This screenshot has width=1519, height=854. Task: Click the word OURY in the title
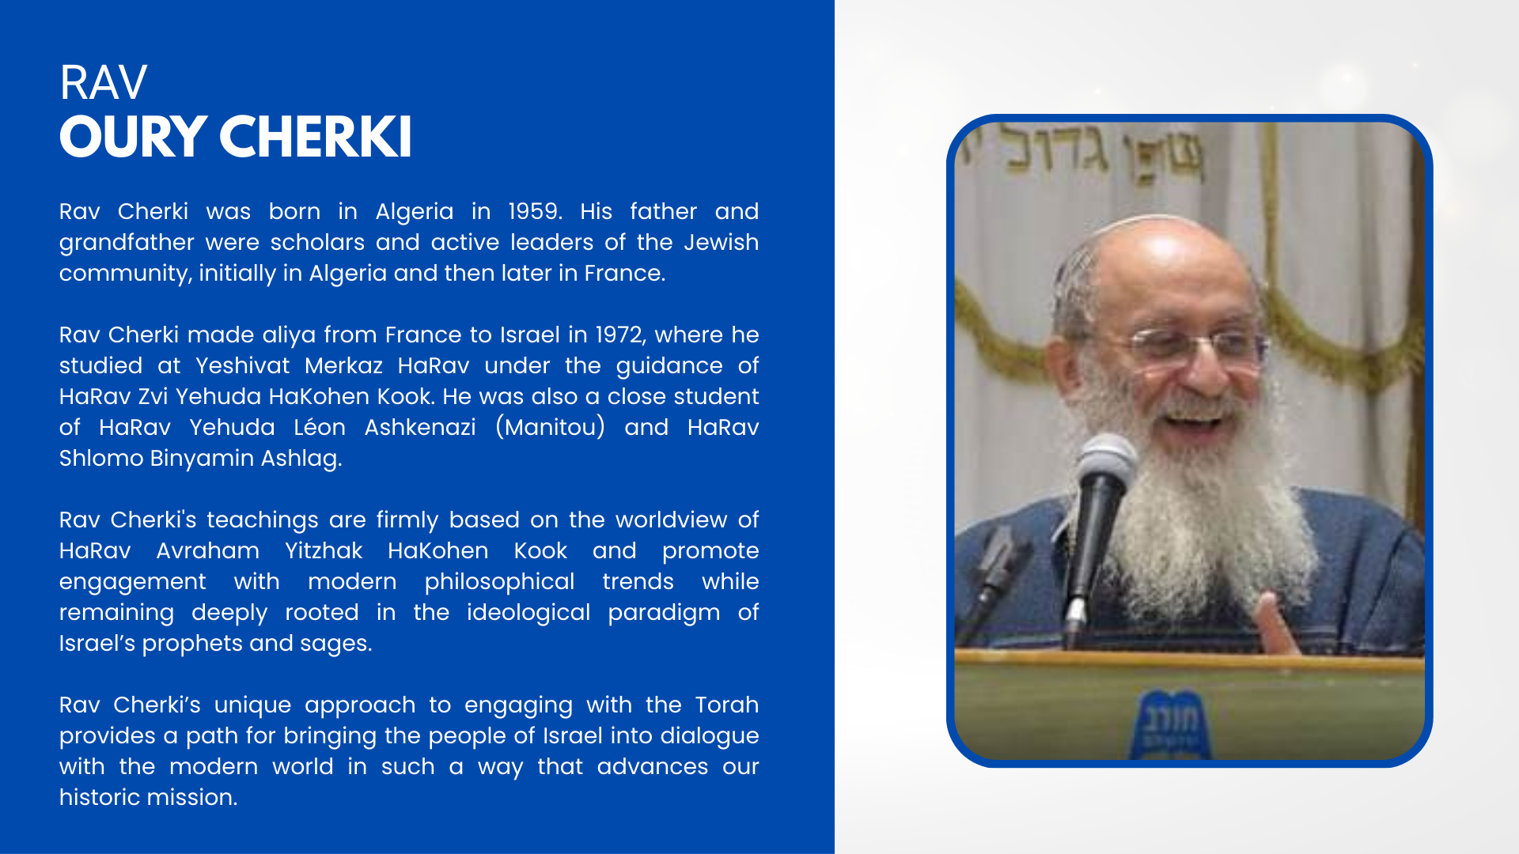coord(133,137)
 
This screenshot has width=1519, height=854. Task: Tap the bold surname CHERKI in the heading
coord(316,137)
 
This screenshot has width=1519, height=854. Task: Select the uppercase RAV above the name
coord(103,82)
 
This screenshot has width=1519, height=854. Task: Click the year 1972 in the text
coord(620,335)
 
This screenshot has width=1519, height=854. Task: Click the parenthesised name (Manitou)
coord(551,428)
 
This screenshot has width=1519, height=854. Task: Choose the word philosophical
coord(499,582)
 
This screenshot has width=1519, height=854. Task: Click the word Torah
coord(727,705)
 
